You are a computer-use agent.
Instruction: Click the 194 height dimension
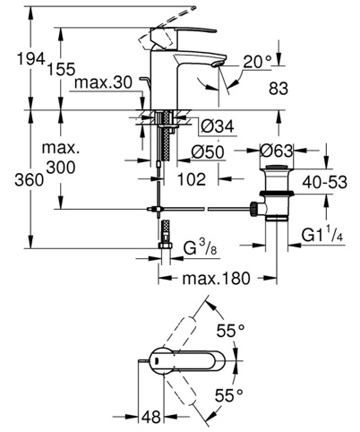[30, 58]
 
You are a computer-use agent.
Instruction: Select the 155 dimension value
[62, 69]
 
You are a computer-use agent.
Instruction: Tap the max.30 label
[103, 82]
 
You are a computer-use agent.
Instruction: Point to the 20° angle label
[258, 62]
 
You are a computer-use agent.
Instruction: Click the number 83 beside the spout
[279, 89]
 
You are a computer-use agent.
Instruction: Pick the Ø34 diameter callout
[218, 126]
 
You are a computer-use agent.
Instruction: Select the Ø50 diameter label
[208, 152]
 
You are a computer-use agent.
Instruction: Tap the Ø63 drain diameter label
[276, 151]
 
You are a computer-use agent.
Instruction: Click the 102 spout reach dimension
[192, 179]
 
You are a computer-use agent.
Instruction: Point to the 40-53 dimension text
[325, 182]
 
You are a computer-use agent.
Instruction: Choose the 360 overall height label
[30, 180]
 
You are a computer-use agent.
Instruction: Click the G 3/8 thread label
[200, 247]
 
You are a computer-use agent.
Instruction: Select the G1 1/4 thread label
[322, 235]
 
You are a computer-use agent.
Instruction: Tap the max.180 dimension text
[216, 279]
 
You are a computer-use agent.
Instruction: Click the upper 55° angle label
[230, 331]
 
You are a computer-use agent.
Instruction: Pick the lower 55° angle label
[228, 395]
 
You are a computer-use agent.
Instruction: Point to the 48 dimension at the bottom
[150, 417]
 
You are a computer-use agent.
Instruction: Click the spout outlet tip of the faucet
[219, 64]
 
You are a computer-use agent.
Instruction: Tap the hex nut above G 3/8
[165, 246]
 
